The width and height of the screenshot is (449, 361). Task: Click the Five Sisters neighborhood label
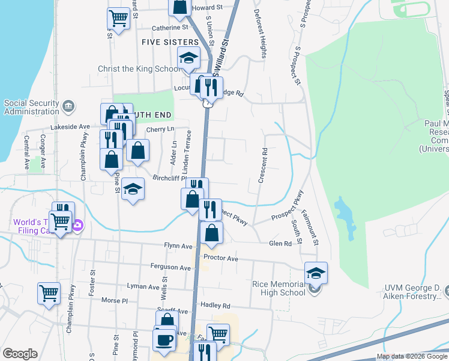point(170,42)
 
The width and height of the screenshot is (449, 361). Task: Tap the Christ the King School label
point(138,69)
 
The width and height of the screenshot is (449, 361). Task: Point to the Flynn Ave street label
point(178,246)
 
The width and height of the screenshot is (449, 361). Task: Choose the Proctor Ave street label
point(221,258)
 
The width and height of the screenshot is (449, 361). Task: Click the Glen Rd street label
point(280,244)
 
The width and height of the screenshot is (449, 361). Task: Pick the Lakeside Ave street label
point(73,127)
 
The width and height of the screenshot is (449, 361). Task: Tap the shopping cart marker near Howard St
point(119,19)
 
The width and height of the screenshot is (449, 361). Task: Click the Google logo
point(19,354)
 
